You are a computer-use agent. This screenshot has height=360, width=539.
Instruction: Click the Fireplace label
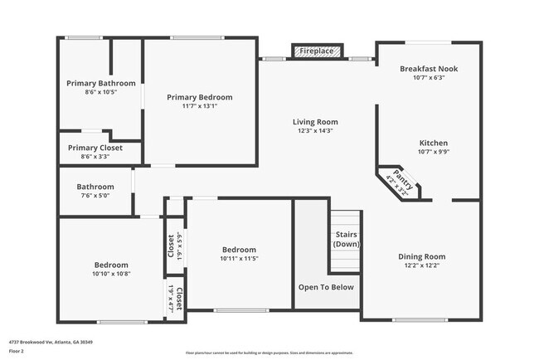[x=317, y=51]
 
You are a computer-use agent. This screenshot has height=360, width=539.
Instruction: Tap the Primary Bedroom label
[x=199, y=97]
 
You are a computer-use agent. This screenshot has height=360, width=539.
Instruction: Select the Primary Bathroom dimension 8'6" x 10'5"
[x=100, y=92]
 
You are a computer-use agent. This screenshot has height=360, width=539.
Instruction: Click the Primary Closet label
[x=95, y=148]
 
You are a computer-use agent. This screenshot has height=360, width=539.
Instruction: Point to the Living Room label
[x=314, y=122]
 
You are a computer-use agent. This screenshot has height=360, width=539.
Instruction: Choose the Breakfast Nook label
[x=429, y=69]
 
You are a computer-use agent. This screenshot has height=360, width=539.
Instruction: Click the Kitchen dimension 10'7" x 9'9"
[x=429, y=152]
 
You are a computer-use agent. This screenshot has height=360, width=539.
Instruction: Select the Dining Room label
[x=422, y=256]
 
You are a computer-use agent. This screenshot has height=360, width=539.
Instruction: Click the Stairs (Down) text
[x=346, y=239]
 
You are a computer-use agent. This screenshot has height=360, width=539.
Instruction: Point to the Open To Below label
[x=326, y=287]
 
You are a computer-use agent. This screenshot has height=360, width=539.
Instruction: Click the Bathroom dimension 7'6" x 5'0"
[x=95, y=196]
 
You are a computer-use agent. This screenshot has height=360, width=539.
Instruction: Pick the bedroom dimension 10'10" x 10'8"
[x=111, y=274]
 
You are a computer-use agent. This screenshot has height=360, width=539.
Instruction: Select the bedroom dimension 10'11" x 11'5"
[x=239, y=259]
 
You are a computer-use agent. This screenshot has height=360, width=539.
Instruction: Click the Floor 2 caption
[x=17, y=351]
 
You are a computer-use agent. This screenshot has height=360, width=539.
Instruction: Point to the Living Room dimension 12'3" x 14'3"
[x=314, y=131]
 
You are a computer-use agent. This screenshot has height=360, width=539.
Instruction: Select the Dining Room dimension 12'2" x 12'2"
[x=422, y=265]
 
